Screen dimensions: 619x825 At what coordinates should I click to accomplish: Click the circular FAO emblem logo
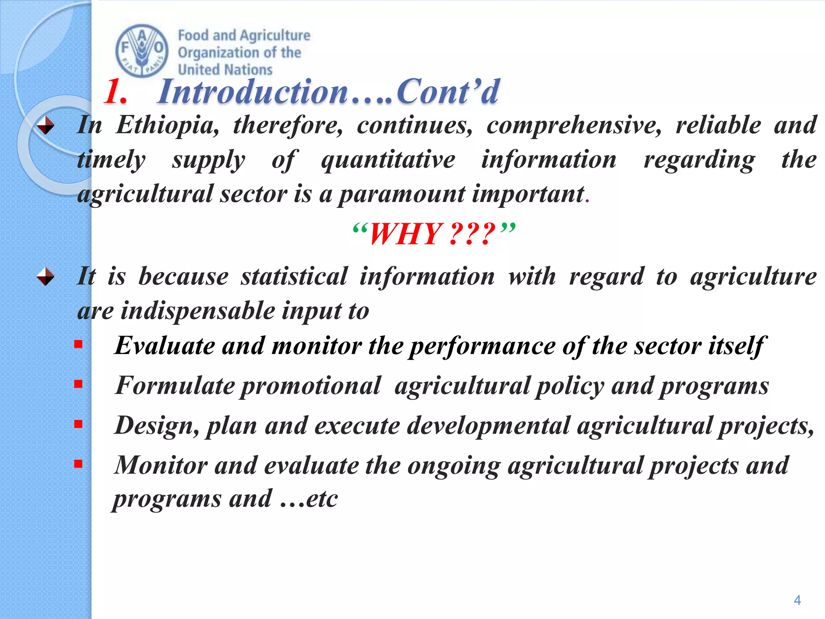tap(142, 51)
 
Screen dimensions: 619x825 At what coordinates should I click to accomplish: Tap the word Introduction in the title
tap(253, 92)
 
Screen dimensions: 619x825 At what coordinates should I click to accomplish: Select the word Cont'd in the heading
tap(447, 92)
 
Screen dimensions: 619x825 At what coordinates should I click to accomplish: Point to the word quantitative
tap(388, 160)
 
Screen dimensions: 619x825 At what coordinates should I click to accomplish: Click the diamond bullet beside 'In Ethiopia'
tap(46, 125)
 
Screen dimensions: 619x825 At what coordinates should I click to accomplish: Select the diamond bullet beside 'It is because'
tap(46, 277)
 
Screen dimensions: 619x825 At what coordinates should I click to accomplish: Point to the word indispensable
tap(197, 311)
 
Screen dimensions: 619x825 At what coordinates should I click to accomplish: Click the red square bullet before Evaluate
tap(78, 344)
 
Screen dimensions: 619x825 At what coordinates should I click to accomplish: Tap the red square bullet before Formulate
tap(78, 384)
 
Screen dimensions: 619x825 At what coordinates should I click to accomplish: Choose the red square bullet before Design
tap(78, 424)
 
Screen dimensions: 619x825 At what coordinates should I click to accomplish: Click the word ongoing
tap(454, 466)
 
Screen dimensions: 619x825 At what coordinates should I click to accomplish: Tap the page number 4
tap(797, 600)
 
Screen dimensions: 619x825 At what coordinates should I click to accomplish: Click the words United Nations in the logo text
tap(225, 70)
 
